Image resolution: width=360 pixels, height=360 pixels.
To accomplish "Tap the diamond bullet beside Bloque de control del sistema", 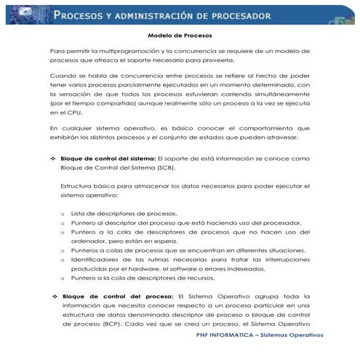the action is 52,158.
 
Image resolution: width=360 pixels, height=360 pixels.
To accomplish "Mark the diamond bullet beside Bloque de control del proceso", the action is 54,296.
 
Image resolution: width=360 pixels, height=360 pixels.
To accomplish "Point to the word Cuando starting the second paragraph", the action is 63,76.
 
